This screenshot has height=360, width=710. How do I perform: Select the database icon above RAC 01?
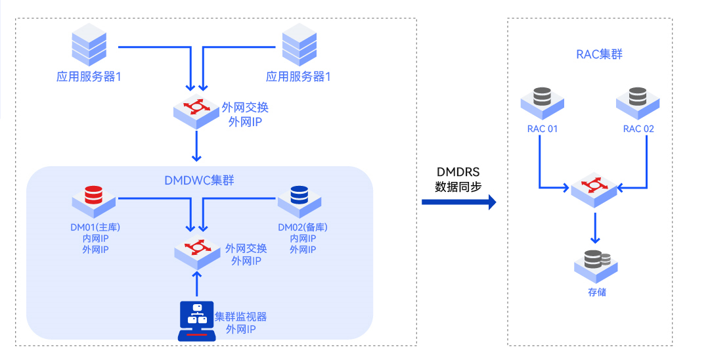pyautogui.click(x=542, y=100)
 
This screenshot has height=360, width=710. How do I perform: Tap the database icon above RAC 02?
pyautogui.click(x=638, y=100)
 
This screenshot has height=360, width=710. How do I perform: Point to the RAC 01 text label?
pyautogui.click(x=542, y=129)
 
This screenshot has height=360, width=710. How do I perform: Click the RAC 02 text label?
pyautogui.click(x=638, y=129)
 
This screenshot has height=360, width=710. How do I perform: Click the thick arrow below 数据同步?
pyautogui.click(x=458, y=202)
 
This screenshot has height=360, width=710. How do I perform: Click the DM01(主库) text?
pyautogui.click(x=95, y=227)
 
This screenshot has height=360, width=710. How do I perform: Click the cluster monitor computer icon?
pyautogui.click(x=196, y=321)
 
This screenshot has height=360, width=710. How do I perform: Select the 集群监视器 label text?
pyautogui.click(x=240, y=317)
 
